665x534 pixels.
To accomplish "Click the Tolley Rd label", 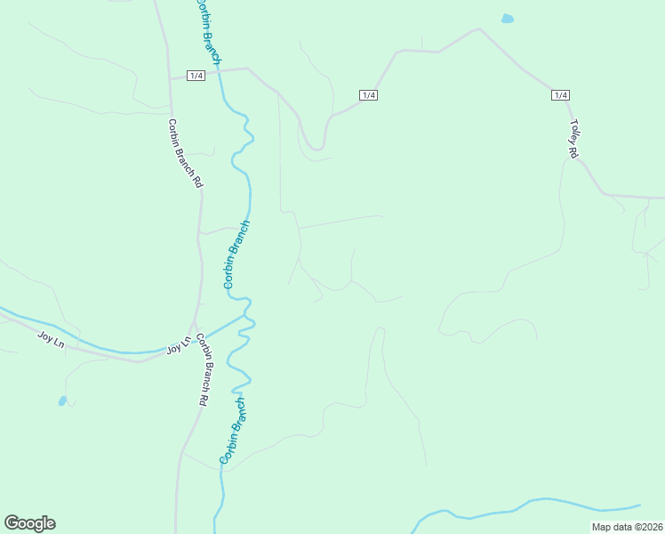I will [x=575, y=139].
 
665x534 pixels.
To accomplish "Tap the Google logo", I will [x=29, y=523].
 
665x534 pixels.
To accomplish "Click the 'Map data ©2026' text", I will [x=628, y=527].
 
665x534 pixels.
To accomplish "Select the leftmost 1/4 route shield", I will [x=196, y=76].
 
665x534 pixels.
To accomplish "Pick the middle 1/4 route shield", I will [x=368, y=95].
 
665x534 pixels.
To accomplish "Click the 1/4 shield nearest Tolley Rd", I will [x=560, y=95].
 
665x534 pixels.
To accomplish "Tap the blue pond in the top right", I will [x=507, y=18].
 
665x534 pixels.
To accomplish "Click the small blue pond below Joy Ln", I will [x=62, y=400].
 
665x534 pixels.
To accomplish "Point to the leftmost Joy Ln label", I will [x=52, y=338].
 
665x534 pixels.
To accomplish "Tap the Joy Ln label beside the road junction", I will [x=179, y=345].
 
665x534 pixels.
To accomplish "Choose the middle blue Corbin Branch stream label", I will [x=236, y=255].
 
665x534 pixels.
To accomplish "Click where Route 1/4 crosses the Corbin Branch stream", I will [x=220, y=71].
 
